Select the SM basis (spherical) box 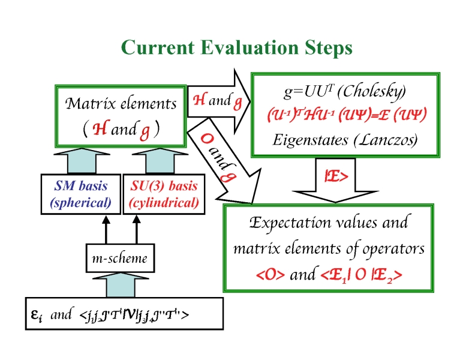(x=81, y=194)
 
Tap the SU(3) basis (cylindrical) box (x=164, y=194)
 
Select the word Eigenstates (x=306, y=140)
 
